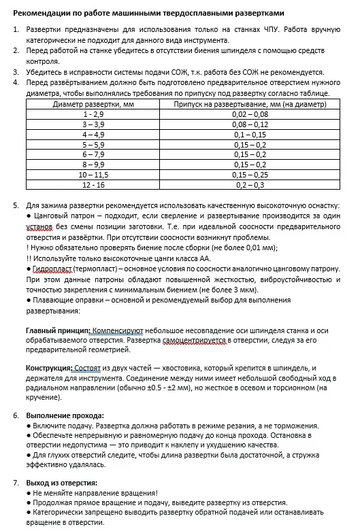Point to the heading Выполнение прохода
coord(65,415)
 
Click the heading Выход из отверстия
coord(63,483)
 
